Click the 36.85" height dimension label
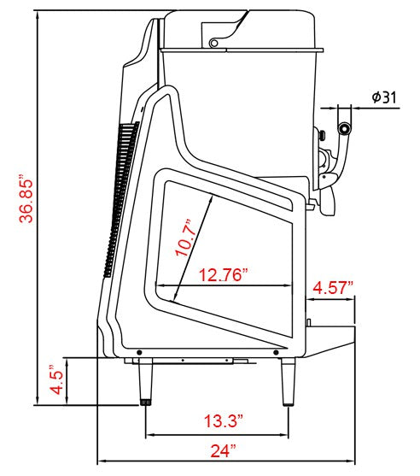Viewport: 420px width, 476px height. (x=26, y=199)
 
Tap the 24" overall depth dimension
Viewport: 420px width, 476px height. (x=223, y=450)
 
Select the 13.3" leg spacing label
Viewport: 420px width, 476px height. (x=224, y=420)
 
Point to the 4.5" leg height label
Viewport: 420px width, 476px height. (x=56, y=379)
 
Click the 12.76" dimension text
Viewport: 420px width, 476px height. (x=224, y=274)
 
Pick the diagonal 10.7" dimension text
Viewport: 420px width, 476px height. (x=184, y=238)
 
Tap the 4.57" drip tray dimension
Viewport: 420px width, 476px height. (x=333, y=287)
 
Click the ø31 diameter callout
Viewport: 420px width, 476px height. (x=384, y=97)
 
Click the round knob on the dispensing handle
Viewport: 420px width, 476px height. (x=345, y=129)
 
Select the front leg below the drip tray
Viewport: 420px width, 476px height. (x=288, y=382)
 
